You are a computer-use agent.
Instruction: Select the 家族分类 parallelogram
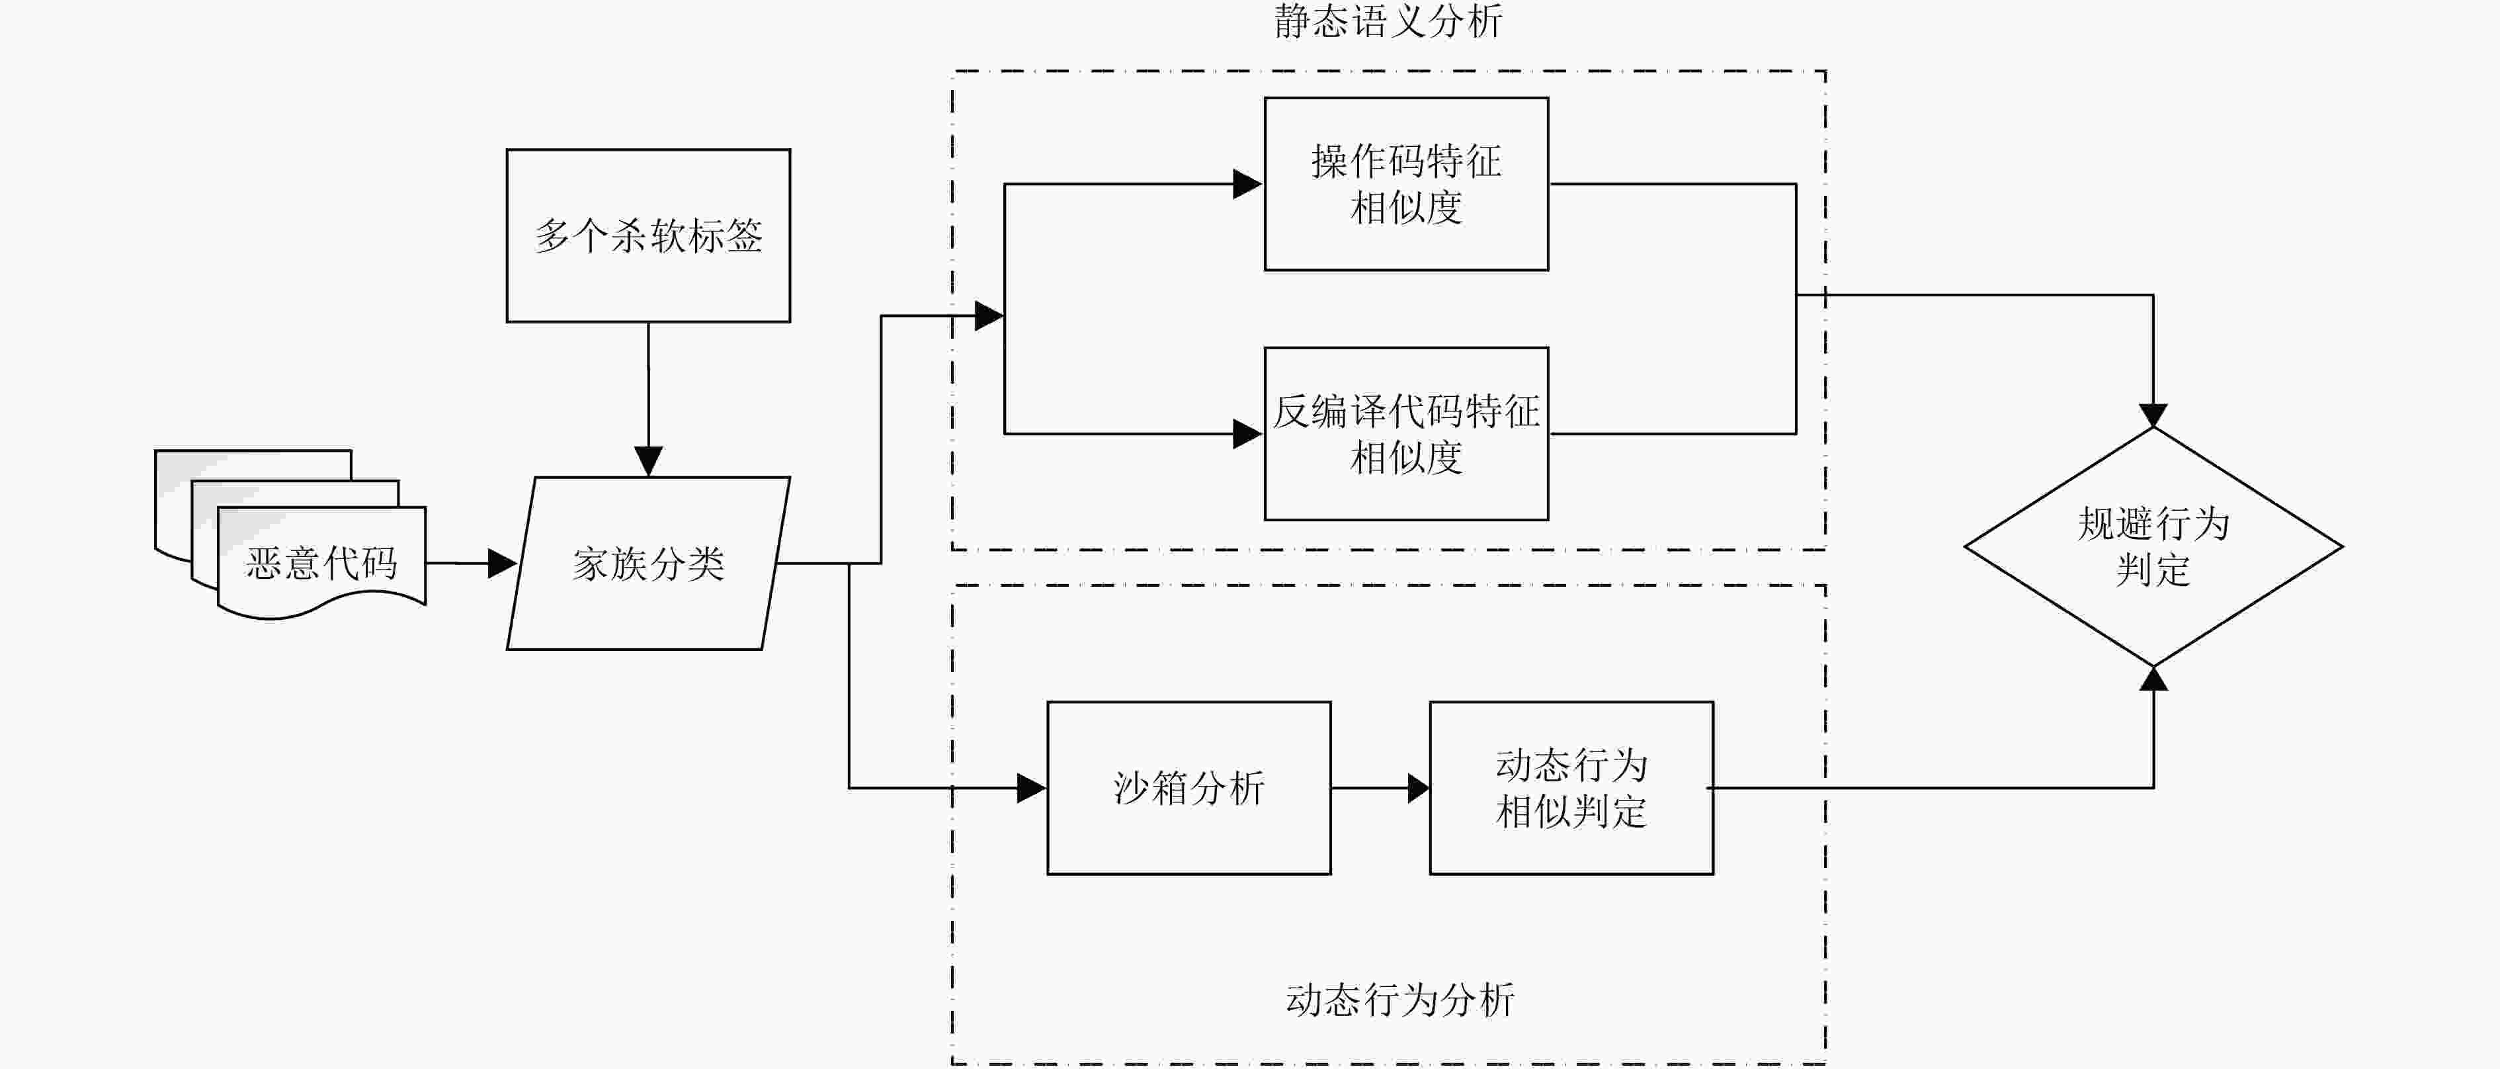(x=648, y=563)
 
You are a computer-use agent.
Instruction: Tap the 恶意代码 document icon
(x=290, y=534)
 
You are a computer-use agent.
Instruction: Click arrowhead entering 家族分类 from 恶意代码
(x=502, y=563)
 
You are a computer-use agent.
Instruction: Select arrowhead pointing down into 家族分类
(x=648, y=461)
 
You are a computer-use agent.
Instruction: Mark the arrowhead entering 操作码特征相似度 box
(x=1248, y=183)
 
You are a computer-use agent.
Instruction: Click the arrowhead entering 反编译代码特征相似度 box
(x=1248, y=434)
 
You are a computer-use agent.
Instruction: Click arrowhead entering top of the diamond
(x=2153, y=415)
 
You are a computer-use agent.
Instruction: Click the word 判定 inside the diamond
(x=2153, y=570)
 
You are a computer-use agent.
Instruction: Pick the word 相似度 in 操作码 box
(x=1406, y=208)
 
